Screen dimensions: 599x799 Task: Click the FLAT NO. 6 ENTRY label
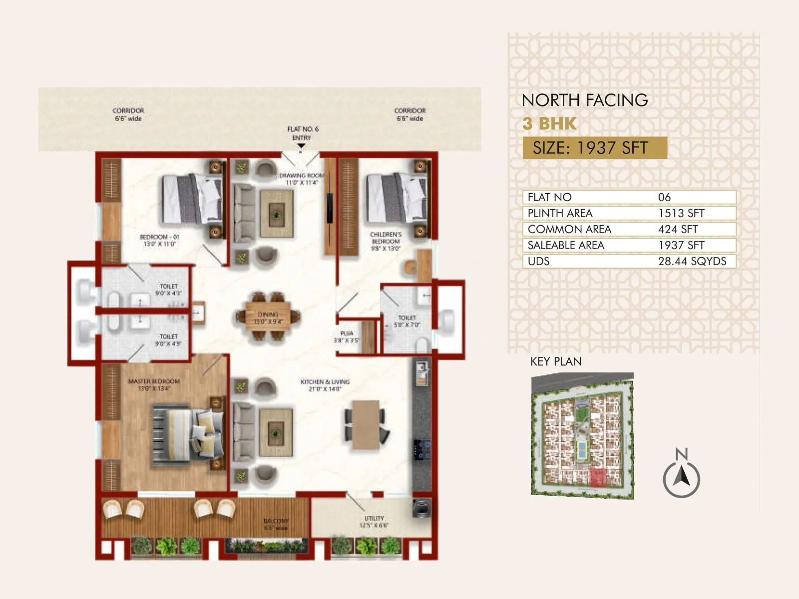click(x=302, y=133)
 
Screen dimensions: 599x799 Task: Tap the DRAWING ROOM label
click(x=302, y=179)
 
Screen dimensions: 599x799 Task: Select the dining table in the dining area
click(x=268, y=316)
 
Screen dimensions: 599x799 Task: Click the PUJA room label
click(x=347, y=336)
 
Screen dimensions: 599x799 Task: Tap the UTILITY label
click(x=374, y=522)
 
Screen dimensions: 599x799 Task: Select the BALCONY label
click(x=276, y=524)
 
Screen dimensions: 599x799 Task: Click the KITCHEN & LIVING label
click(x=325, y=385)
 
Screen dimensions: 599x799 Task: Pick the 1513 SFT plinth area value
click(x=681, y=213)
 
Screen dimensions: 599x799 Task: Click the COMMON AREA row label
click(x=569, y=229)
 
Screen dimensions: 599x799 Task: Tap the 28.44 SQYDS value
click(x=692, y=261)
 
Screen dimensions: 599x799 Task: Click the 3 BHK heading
click(x=549, y=123)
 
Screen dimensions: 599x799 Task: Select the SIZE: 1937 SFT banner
click(x=594, y=148)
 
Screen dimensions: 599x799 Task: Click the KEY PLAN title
click(x=556, y=361)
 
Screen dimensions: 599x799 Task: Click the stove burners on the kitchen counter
click(x=422, y=449)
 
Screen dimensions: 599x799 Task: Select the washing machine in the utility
click(x=421, y=508)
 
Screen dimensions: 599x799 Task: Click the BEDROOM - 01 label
click(x=159, y=240)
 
